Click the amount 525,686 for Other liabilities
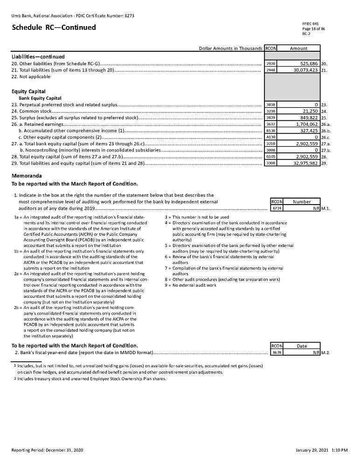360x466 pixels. point(306,63)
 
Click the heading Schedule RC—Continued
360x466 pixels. point(54,27)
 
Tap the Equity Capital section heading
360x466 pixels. point(28,91)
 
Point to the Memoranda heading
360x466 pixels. point(27,176)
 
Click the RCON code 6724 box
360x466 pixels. point(276,209)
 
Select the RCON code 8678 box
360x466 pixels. point(276,353)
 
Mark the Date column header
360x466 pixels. point(302,346)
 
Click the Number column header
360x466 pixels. point(302,202)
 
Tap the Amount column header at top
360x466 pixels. point(299,48)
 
